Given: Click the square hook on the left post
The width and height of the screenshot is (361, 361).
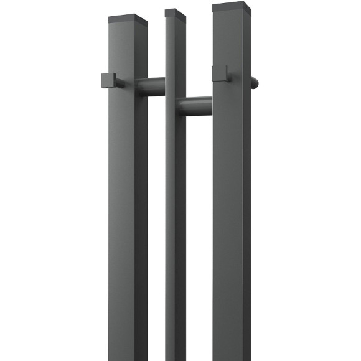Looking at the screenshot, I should pos(108,81).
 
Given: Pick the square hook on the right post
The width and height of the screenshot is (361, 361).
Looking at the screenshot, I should pos(220,73).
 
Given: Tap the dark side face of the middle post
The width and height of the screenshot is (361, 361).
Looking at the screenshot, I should pos(181,218).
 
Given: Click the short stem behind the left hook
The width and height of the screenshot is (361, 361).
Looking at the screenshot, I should pos(120,82).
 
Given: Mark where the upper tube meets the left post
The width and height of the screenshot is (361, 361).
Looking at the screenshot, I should pos(148,87).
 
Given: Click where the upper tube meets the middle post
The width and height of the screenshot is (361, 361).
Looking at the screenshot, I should pos(166,86).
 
